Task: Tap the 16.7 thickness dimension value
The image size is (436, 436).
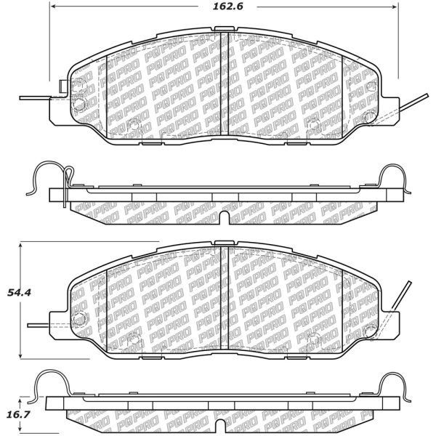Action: point(19,413)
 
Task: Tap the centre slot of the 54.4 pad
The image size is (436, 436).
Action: point(225,297)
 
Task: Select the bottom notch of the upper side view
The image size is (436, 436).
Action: point(225,217)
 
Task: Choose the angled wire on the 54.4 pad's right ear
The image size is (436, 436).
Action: point(400,296)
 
